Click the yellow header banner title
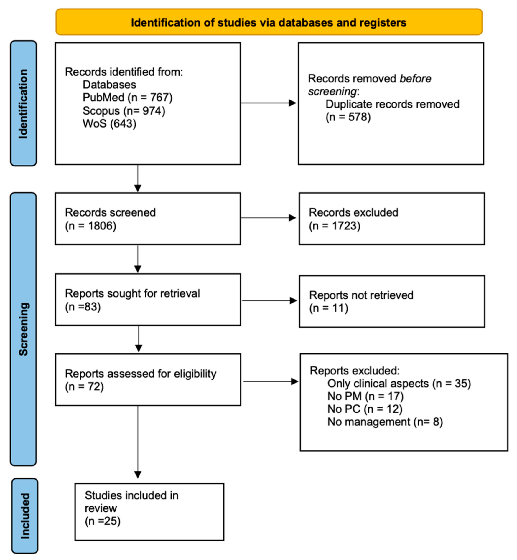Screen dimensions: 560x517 tap(269, 22)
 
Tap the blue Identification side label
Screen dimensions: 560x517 tap(23, 104)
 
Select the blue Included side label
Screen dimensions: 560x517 tap(25, 516)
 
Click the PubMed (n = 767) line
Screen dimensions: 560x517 tap(127, 98)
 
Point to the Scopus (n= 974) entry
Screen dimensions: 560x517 tap(124, 111)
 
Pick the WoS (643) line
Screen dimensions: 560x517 tap(109, 124)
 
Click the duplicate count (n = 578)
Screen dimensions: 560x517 tap(348, 117)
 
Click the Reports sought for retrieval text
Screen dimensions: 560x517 tap(132, 293)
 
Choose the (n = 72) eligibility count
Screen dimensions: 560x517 tap(84, 386)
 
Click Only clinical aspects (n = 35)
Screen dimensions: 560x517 tap(399, 384)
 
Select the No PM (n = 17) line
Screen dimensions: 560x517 tap(365, 396)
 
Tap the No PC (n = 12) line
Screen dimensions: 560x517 tap(365, 409)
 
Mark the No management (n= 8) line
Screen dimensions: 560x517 tap(385, 422)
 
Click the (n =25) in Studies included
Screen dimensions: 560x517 tap(103, 521)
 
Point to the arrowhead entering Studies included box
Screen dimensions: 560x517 tap(138, 475)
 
